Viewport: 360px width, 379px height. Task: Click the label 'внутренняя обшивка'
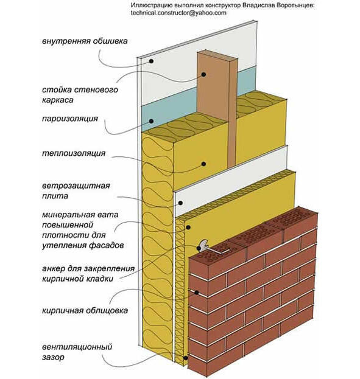(x=85, y=41)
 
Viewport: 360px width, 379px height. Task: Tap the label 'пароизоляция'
(x=70, y=119)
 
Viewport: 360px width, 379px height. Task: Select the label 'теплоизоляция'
(x=74, y=153)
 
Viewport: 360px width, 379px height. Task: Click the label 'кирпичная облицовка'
(x=85, y=310)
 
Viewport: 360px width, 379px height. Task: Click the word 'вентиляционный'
(x=77, y=347)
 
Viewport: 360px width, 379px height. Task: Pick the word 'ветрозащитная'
(x=76, y=186)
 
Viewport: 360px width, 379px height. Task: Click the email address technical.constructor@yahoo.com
(x=178, y=13)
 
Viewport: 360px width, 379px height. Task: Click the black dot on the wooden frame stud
(x=203, y=74)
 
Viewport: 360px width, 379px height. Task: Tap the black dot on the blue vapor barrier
(x=151, y=121)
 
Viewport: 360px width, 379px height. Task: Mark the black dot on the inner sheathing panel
(x=151, y=61)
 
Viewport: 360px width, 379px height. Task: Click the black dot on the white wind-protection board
(x=180, y=203)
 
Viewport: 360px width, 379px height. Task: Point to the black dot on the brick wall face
(x=196, y=293)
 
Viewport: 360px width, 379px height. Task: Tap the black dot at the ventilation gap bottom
(x=185, y=358)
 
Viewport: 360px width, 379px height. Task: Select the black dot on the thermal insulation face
(x=203, y=164)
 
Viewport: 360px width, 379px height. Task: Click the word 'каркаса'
(x=58, y=100)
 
